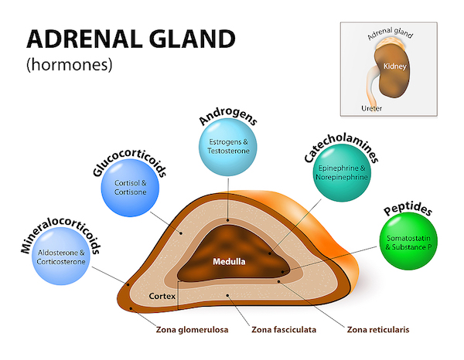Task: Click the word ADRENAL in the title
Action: [x=84, y=39]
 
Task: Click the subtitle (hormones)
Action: [x=70, y=64]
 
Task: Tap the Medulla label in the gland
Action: [x=229, y=262]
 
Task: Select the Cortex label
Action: [x=162, y=296]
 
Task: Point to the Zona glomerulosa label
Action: [x=192, y=330]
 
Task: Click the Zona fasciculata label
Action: [x=284, y=330]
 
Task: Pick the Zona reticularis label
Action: [x=378, y=330]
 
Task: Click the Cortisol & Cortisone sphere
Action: [x=130, y=188]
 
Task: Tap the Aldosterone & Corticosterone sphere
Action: [x=61, y=256]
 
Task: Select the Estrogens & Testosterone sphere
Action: [x=228, y=148]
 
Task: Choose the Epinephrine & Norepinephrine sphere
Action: [x=342, y=173]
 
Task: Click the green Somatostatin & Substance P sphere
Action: [x=408, y=242]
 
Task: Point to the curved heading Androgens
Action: [x=228, y=117]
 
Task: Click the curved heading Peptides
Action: [x=408, y=209]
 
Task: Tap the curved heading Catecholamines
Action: [x=341, y=148]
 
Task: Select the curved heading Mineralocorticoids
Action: [x=60, y=234]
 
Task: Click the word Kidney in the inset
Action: [x=394, y=66]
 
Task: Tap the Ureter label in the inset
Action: [x=372, y=108]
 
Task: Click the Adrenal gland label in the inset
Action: [x=390, y=33]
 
